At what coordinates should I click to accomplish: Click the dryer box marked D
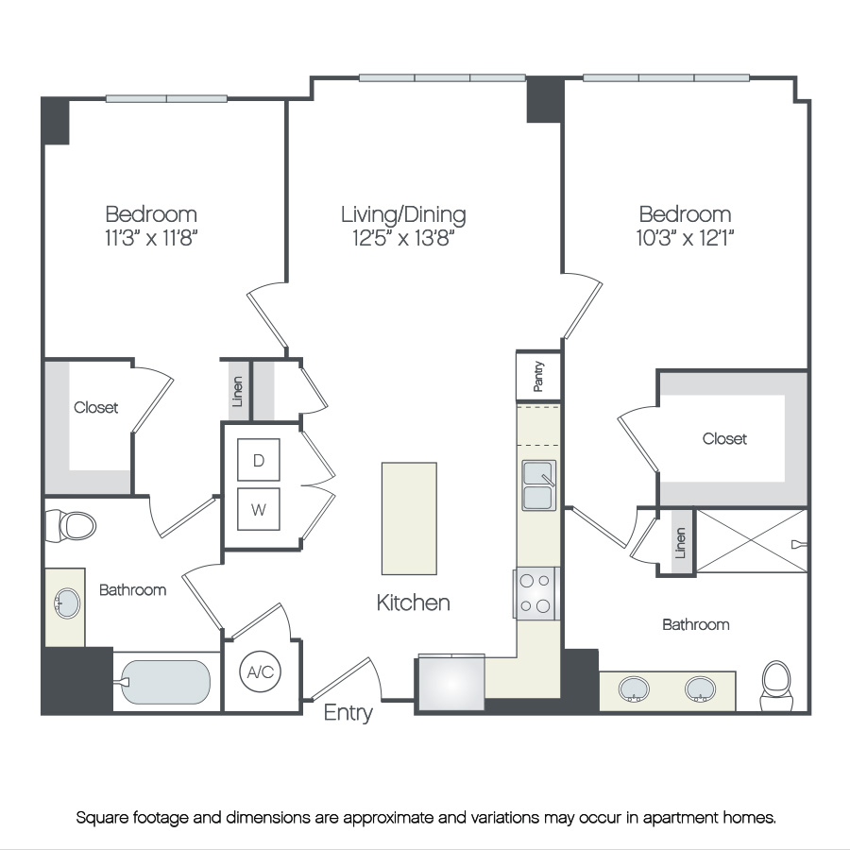click(x=259, y=460)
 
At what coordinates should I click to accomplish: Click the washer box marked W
click(x=259, y=509)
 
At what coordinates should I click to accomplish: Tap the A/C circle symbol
click(x=261, y=672)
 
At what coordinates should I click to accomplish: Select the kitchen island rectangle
click(x=409, y=518)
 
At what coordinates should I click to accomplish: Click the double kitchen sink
click(x=539, y=485)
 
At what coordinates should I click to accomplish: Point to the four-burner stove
click(x=535, y=594)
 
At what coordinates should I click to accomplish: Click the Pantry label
click(x=537, y=376)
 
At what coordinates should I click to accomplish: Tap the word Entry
click(x=348, y=713)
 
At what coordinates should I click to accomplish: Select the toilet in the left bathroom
click(x=71, y=526)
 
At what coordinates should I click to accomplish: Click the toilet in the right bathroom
click(x=776, y=686)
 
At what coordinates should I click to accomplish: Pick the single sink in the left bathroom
click(x=67, y=603)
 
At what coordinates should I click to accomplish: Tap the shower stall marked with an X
click(x=752, y=540)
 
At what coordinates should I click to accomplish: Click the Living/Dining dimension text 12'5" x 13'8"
click(x=403, y=238)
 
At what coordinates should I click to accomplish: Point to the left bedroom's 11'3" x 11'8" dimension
click(x=151, y=237)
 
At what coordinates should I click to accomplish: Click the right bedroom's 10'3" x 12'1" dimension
click(x=686, y=237)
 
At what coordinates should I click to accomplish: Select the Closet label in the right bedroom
click(x=724, y=438)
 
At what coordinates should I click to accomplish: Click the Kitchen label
click(x=413, y=603)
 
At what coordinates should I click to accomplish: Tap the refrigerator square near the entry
click(x=451, y=683)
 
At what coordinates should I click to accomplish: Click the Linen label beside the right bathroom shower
click(x=680, y=543)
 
